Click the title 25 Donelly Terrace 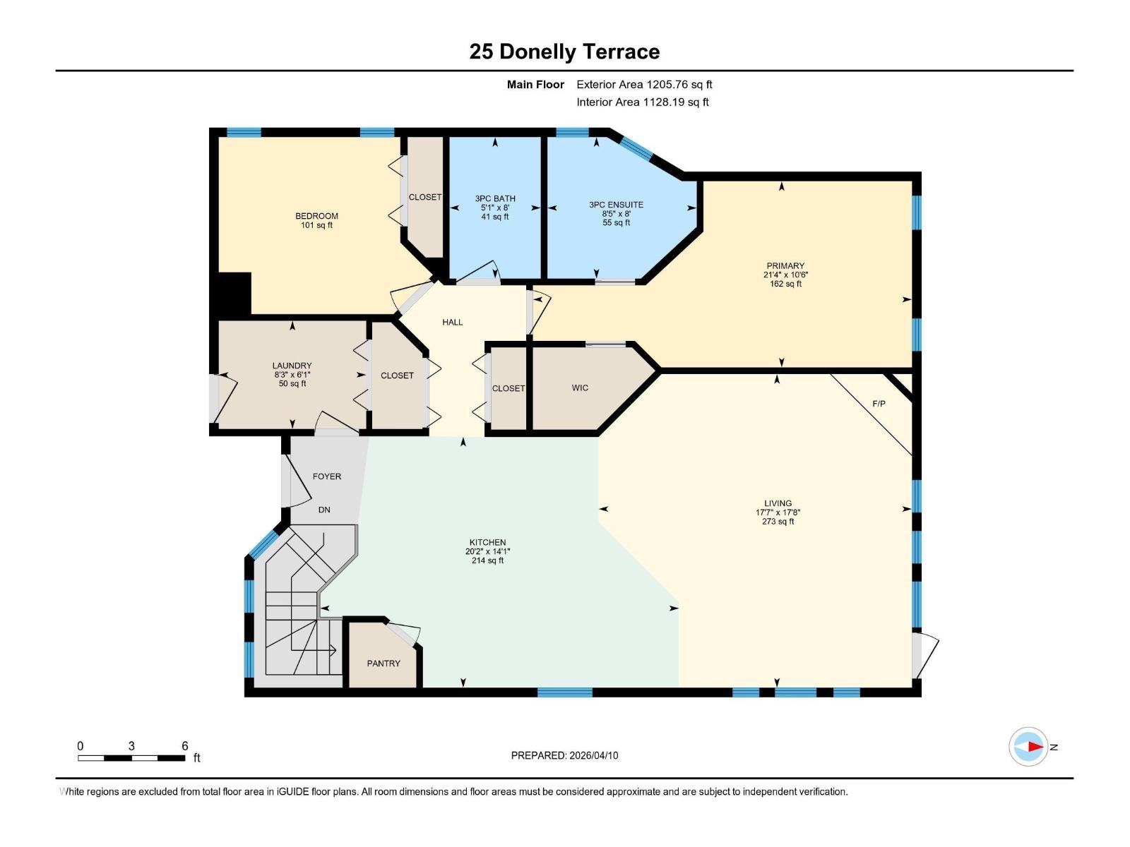tap(564, 52)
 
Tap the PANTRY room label tap(383, 663)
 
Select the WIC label tap(580, 388)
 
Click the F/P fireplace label tap(879, 404)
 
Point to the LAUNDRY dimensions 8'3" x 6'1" tap(292, 375)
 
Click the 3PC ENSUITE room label tap(616, 205)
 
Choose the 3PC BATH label tap(495, 198)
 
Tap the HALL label tap(453, 322)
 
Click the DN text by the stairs tap(324, 510)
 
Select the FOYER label tap(327, 476)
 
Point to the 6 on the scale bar tap(185, 746)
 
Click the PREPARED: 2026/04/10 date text tap(564, 755)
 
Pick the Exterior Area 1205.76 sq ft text tap(644, 85)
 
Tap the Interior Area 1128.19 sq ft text tap(642, 102)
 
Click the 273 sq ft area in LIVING tap(778, 522)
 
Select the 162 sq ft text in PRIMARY tap(785, 284)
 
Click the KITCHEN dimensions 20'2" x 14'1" tap(487, 551)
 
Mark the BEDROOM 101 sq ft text tap(316, 225)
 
